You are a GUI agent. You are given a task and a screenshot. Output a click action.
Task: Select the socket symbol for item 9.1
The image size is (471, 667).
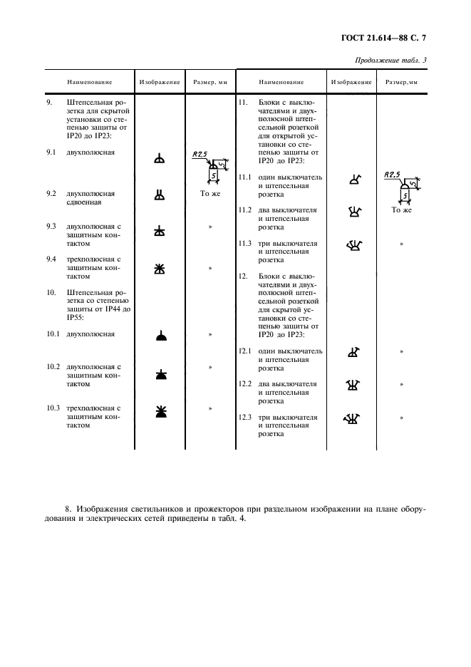click(160, 160)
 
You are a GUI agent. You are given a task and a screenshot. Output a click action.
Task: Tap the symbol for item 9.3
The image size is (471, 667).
click(160, 231)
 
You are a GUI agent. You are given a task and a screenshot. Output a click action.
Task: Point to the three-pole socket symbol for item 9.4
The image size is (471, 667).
click(160, 268)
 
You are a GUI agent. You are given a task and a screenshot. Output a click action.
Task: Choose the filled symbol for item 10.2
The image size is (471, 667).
click(160, 373)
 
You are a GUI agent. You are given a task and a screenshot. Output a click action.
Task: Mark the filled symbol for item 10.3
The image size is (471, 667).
click(160, 411)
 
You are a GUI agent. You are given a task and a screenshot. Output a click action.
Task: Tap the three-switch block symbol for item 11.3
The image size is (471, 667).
click(351, 246)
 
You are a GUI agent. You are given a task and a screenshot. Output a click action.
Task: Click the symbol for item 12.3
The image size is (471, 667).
click(351, 418)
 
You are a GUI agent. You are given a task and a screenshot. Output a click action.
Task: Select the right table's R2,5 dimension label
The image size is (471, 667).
click(391, 174)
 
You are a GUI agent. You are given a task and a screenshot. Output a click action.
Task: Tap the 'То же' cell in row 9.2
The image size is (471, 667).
click(210, 193)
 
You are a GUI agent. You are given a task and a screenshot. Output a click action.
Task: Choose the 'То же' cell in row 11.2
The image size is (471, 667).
click(401, 211)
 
